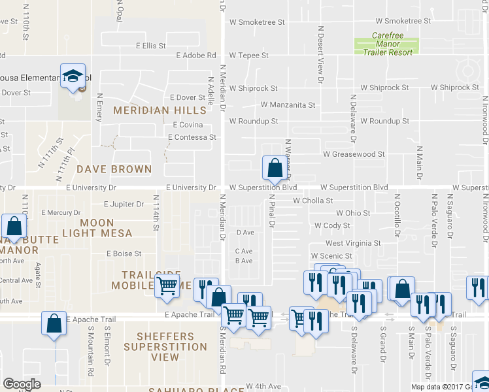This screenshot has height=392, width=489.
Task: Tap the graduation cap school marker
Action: [x=73, y=76]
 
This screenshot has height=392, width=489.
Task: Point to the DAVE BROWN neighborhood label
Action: [x=114, y=169]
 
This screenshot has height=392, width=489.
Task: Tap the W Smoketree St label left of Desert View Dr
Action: [x=257, y=22]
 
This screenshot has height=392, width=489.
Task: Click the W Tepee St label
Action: [x=248, y=56]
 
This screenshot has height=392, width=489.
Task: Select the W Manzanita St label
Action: [x=288, y=105]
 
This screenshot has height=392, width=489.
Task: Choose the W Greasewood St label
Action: [x=354, y=154]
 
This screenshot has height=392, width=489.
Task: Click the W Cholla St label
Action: [x=313, y=201]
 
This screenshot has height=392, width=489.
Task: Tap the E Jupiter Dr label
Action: [x=124, y=204]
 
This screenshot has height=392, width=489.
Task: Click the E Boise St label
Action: [x=124, y=253]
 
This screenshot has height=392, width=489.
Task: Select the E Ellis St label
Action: [x=151, y=46]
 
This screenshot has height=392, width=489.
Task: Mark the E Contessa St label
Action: [x=192, y=138]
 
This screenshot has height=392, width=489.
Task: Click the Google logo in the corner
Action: [x=22, y=384]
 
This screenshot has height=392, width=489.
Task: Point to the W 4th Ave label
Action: [x=263, y=387]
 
